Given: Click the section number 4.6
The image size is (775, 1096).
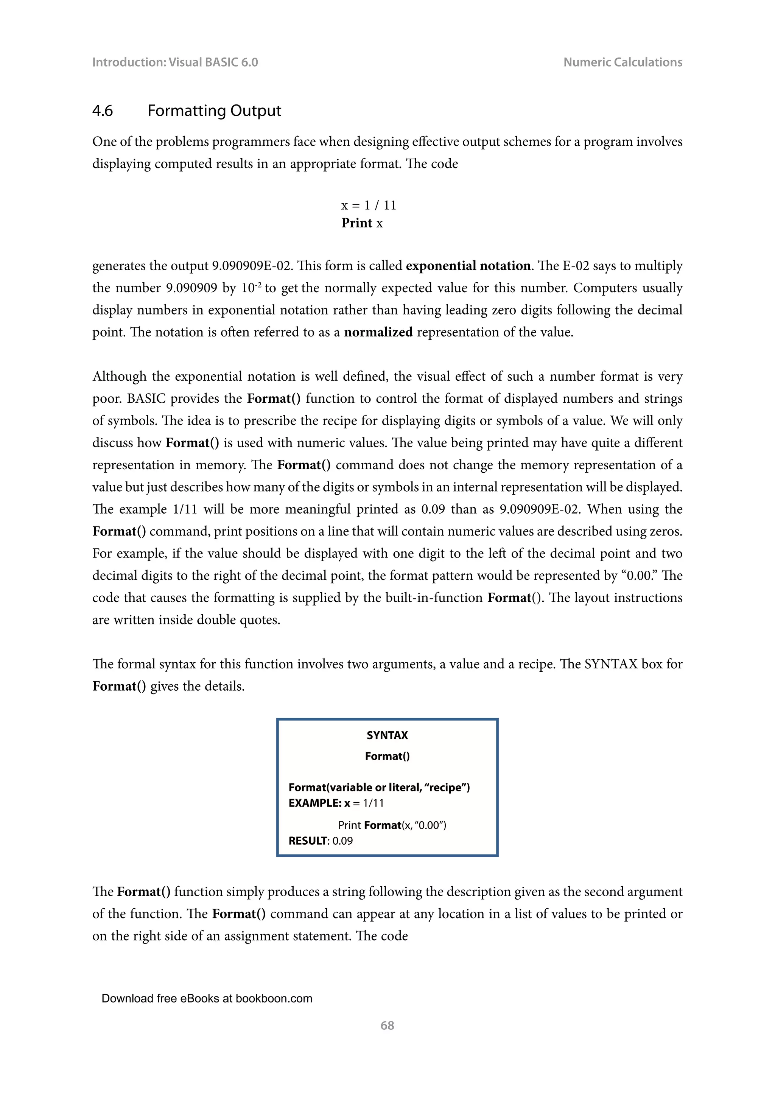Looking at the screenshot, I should (102, 111).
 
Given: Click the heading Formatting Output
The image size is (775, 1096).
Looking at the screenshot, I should (214, 111).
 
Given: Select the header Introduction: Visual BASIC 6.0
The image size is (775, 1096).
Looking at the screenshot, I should (175, 62).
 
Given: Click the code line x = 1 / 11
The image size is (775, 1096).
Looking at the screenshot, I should (369, 205).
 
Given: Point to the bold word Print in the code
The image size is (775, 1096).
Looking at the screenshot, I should (356, 223).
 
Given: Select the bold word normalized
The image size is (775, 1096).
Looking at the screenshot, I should (378, 332).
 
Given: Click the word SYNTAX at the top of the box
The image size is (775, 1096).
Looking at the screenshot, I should (387, 735).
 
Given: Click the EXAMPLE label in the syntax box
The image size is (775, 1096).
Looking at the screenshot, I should (315, 803).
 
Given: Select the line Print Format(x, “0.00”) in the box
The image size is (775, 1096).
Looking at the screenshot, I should (392, 825).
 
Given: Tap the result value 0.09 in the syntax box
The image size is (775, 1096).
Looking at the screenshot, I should (342, 841).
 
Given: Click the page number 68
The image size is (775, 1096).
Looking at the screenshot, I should (387, 1025).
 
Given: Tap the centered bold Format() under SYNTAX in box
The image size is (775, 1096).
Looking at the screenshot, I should (387, 756).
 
